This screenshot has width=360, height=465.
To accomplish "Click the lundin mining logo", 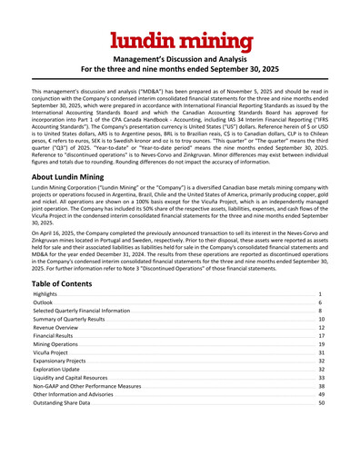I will point(180,42).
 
